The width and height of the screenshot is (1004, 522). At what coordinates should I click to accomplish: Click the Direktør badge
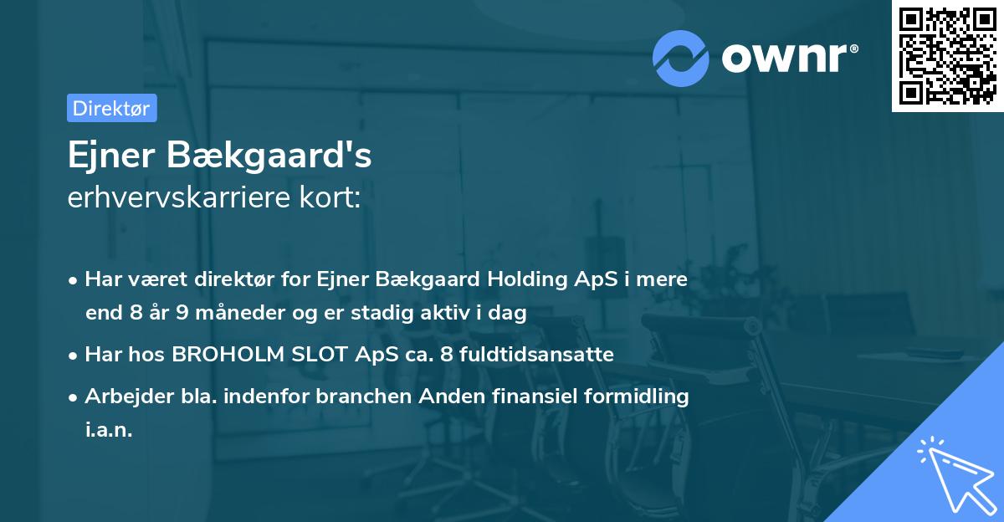[x=111, y=108]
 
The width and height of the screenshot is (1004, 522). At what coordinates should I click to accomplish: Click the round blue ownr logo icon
[x=680, y=58]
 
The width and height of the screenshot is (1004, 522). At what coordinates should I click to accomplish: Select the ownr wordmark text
[x=788, y=58]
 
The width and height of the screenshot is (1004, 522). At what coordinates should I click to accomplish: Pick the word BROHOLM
[x=230, y=354]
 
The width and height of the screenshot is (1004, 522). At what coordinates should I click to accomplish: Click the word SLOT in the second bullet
[x=319, y=354]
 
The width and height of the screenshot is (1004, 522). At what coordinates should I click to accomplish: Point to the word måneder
[x=217, y=314]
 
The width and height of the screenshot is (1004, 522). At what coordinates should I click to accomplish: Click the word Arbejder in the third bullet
[x=119, y=396]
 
